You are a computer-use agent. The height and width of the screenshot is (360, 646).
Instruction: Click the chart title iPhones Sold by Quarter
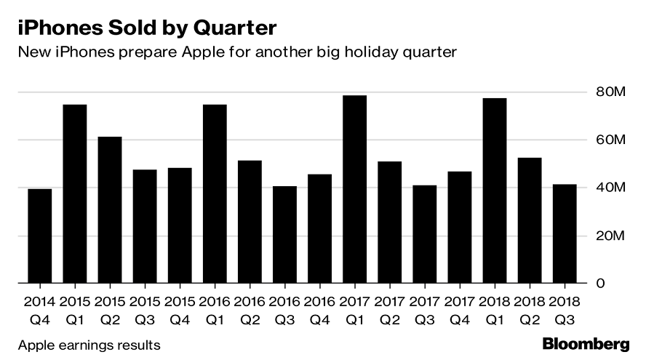[145, 28]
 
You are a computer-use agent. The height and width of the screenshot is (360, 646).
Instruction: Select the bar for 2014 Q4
[40, 236]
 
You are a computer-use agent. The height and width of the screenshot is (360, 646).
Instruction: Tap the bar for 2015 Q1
[75, 193]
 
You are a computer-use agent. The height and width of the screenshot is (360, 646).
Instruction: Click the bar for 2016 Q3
[284, 234]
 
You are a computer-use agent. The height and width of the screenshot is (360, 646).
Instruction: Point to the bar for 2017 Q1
[354, 189]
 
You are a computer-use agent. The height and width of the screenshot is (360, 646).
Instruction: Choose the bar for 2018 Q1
[495, 191]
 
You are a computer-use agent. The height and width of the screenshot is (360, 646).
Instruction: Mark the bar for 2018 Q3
[565, 233]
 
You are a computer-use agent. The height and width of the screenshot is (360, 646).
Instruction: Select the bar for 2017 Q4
[460, 227]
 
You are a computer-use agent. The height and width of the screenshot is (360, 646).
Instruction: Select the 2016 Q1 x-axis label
[215, 309]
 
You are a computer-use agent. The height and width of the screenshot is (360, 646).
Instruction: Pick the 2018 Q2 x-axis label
[530, 309]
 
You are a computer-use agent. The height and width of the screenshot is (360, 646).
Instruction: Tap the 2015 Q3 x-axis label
[145, 309]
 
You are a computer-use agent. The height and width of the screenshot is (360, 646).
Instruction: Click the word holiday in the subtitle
[373, 53]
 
